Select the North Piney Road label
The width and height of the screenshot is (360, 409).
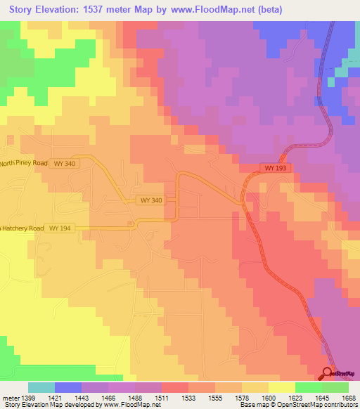click(x=23, y=163)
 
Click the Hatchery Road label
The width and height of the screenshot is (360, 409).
click(x=20, y=228)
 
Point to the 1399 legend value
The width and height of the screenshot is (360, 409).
click(x=28, y=398)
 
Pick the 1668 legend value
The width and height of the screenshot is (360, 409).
click(x=349, y=398)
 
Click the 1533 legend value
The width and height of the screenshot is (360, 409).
click(x=188, y=398)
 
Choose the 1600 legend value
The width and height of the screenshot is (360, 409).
click(x=269, y=398)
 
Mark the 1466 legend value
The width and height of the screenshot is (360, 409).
click(x=108, y=398)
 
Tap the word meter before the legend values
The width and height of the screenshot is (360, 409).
click(x=9, y=398)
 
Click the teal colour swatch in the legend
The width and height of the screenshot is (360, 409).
click(x=41, y=387)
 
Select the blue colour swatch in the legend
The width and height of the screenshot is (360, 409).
click(x=68, y=387)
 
